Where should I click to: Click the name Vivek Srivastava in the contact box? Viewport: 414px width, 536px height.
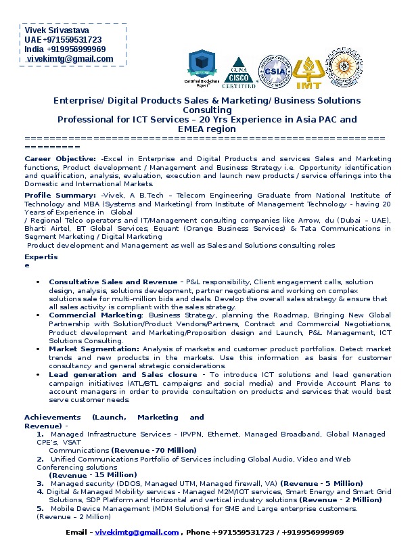pyautogui.click(x=56, y=30)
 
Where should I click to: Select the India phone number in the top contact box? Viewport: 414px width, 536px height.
pyautogui.click(x=65, y=49)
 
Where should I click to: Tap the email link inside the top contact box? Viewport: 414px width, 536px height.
pyautogui.click(x=70, y=59)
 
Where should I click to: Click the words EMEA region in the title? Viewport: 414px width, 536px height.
pyautogui.click(x=206, y=129)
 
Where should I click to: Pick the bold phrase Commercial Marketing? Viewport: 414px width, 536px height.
pyautogui.click(x=95, y=315)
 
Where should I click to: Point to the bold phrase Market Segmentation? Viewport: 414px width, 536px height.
pyautogui.click(x=94, y=349)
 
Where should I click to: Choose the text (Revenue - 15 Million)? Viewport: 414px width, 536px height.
pyautogui.click(x=93, y=475)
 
